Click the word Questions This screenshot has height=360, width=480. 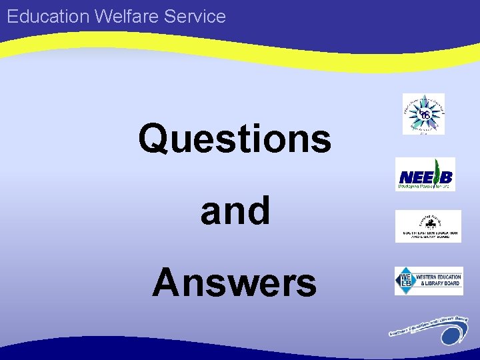click(235, 139)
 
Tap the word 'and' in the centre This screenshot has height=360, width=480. click(235, 211)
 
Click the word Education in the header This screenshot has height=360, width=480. click(49, 16)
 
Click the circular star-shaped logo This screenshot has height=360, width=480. click(423, 114)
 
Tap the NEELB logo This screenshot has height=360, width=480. click(425, 174)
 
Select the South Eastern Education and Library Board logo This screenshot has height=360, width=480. click(427, 226)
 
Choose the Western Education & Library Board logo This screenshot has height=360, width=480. click(428, 281)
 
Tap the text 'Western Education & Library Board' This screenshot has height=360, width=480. click(438, 281)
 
